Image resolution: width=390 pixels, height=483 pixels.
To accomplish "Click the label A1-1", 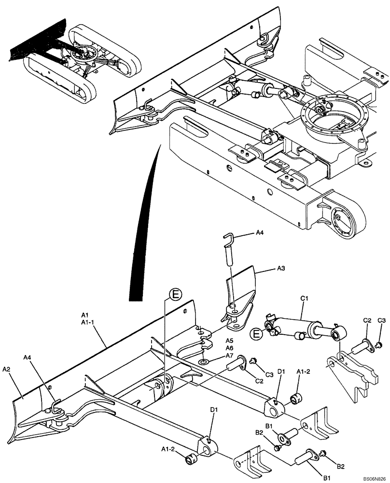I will (88, 322).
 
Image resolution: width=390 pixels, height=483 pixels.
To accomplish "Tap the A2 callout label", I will (7, 369).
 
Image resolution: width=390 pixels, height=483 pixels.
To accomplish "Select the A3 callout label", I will (282, 267).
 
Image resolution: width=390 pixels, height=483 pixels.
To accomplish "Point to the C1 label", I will (305, 299).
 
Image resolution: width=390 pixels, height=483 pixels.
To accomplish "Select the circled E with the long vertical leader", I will (176, 294).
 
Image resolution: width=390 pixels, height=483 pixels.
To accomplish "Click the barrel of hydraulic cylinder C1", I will (294, 326).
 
